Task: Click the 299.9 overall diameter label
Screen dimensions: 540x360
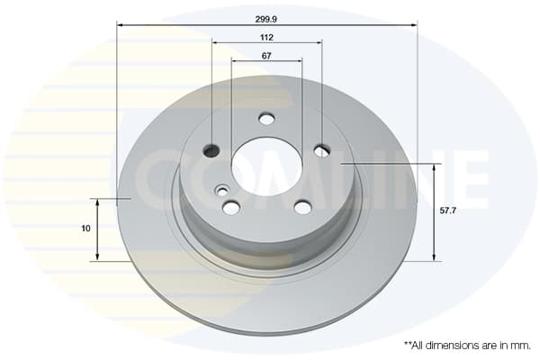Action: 265,19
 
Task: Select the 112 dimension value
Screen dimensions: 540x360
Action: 267,38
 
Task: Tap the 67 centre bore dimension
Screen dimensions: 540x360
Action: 266,56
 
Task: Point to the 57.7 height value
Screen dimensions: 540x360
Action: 448,211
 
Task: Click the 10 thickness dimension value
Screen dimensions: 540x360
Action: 85,229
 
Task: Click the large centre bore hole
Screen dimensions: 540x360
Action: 266,166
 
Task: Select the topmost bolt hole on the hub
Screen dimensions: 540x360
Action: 266,119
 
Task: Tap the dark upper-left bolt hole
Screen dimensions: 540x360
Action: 211,150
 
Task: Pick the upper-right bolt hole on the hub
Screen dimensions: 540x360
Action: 322,150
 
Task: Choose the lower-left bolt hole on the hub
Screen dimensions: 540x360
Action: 231,207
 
